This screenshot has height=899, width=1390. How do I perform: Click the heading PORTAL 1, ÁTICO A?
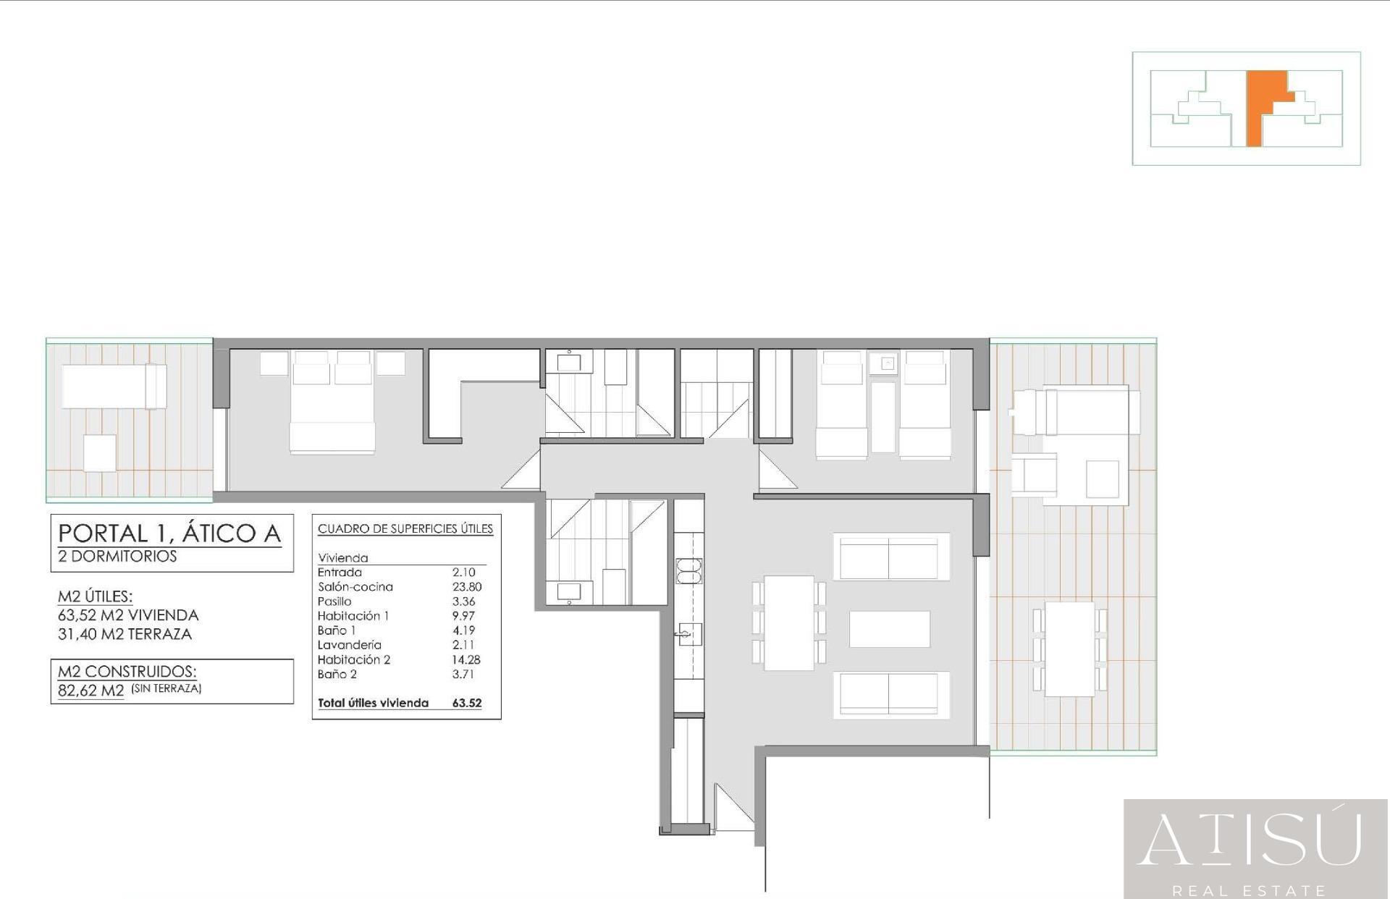coord(169,533)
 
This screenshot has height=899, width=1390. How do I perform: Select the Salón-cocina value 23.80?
coord(466,587)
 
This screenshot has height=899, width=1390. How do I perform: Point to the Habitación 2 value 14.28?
coord(466,659)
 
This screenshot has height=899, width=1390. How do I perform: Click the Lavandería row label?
coord(349,645)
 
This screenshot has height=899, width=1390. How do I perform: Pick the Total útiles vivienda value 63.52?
coord(466,703)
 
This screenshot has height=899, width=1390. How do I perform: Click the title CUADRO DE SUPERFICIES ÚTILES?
coord(405,529)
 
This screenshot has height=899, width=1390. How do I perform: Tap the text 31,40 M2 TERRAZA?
coord(125,634)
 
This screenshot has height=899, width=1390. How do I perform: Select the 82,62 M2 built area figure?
coord(91,691)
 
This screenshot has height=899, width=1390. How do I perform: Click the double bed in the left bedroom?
coord(332,402)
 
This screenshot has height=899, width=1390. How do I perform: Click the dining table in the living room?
coord(788,622)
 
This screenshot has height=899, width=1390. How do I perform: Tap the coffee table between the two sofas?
coord(890,629)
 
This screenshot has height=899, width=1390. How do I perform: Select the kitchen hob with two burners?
coord(689,570)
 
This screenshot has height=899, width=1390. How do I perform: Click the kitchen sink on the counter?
coord(689,634)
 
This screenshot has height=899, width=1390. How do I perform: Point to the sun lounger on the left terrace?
coord(114,387)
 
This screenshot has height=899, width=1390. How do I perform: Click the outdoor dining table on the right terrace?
coord(1070,649)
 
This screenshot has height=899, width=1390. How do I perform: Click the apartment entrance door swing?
coord(733,807)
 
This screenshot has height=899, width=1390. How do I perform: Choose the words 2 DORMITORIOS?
coord(117,556)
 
